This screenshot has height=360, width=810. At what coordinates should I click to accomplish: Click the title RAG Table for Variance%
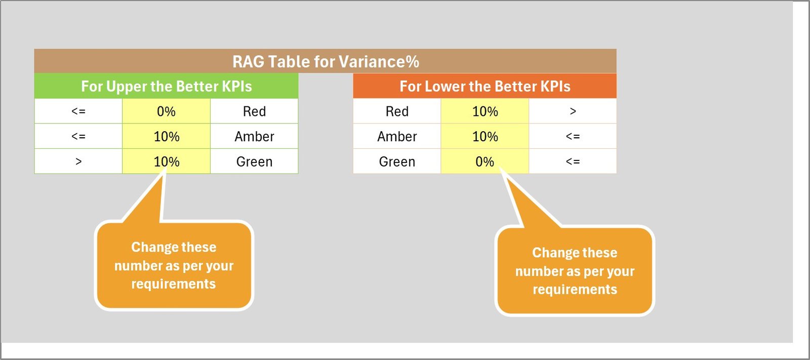(x=326, y=61)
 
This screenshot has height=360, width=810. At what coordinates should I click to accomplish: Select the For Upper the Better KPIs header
(x=167, y=86)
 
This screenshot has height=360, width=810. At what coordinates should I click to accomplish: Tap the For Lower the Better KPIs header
(x=485, y=86)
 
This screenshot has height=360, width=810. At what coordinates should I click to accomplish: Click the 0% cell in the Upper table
(x=167, y=111)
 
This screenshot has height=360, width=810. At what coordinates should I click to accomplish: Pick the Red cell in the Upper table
(x=254, y=111)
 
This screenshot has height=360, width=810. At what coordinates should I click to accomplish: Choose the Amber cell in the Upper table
(x=254, y=136)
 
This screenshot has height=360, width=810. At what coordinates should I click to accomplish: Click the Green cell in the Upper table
(x=254, y=162)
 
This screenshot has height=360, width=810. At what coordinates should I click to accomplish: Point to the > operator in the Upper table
(x=78, y=162)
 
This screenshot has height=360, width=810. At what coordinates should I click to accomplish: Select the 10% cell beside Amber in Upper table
(x=167, y=136)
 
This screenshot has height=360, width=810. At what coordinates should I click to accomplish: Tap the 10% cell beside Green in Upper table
(x=167, y=162)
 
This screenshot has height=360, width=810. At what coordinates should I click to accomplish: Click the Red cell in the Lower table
(x=397, y=111)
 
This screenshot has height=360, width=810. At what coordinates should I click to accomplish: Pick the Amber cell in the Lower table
(x=397, y=136)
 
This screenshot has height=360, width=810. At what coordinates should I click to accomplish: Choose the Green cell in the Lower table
(x=397, y=162)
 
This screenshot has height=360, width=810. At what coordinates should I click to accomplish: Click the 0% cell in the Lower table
(x=485, y=162)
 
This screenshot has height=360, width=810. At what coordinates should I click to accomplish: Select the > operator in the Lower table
(x=573, y=111)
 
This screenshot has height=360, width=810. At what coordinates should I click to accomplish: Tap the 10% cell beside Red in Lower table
(x=485, y=111)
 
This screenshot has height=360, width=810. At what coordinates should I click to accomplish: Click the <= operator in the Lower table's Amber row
(x=573, y=136)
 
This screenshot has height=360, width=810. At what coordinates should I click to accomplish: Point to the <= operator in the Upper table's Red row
(x=78, y=111)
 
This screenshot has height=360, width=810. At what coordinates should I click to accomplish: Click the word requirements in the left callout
(x=174, y=284)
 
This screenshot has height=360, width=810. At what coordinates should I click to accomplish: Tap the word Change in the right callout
(x=552, y=253)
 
